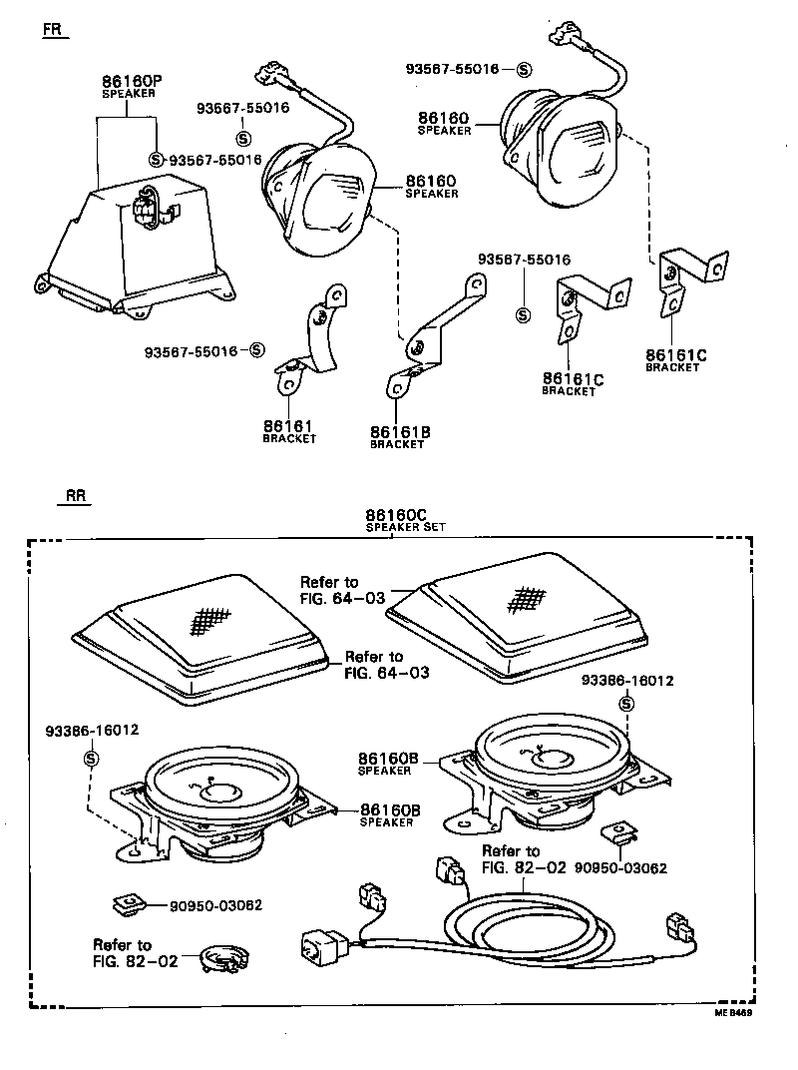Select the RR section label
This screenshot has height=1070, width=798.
pyautogui.click(x=77, y=495)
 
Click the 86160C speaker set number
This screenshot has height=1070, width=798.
pyautogui.click(x=406, y=515)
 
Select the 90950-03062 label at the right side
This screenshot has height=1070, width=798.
pyautogui.click(x=625, y=868)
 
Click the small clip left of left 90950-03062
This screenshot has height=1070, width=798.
pyautogui.click(x=126, y=904)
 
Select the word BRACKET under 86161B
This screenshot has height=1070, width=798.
pyautogui.click(x=397, y=445)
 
